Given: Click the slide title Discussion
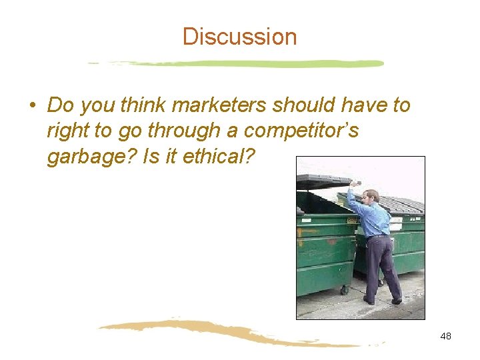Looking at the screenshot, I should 239,36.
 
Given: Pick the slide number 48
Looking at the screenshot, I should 445,336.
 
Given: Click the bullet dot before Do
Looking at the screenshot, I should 32,106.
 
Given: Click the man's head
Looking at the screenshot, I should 371,197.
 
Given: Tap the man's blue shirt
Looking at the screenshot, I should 375,217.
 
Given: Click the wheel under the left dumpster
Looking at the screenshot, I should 344,290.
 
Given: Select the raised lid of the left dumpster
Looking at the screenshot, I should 325,181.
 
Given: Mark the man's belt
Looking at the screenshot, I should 379,236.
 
